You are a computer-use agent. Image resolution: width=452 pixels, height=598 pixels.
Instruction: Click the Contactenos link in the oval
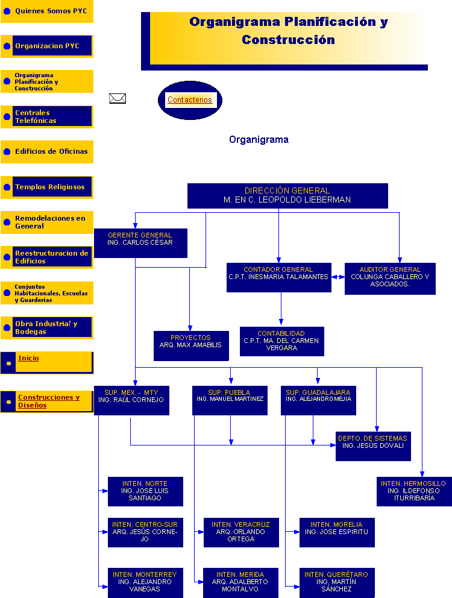click(x=190, y=100)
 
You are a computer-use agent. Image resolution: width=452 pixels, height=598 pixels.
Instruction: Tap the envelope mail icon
click(x=118, y=98)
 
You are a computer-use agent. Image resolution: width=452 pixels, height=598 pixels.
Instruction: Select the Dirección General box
click(x=287, y=195)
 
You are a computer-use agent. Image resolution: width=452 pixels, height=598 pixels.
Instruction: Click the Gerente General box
click(x=140, y=242)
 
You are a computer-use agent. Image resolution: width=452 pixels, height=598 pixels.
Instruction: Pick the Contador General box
click(x=278, y=277)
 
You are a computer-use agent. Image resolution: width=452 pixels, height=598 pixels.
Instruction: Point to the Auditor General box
click(x=390, y=278)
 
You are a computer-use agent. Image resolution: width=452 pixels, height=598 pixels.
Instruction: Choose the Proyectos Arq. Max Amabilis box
click(x=191, y=345)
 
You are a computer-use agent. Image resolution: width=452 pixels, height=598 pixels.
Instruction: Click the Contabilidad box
click(x=281, y=341)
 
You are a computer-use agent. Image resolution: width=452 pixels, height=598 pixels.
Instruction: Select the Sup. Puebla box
click(x=230, y=400)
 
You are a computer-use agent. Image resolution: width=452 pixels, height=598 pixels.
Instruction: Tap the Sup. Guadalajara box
click(x=318, y=400)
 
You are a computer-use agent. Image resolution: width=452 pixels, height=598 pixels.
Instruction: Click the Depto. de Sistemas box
click(x=373, y=445)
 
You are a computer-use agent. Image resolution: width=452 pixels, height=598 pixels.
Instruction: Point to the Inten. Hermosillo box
click(x=414, y=491)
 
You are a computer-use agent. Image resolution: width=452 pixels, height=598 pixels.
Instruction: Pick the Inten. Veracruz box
click(x=241, y=532)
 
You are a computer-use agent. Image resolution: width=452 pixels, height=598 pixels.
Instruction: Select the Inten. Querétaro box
click(x=337, y=582)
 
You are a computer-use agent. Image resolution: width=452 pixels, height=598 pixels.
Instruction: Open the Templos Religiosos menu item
click(x=50, y=187)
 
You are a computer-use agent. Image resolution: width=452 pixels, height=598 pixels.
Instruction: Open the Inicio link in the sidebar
click(x=28, y=358)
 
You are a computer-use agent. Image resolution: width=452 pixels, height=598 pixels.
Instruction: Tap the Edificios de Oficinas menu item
click(x=51, y=151)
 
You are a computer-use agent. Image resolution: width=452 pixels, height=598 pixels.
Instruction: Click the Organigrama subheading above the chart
click(x=259, y=140)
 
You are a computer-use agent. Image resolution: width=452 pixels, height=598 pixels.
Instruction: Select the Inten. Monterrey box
click(x=145, y=582)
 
